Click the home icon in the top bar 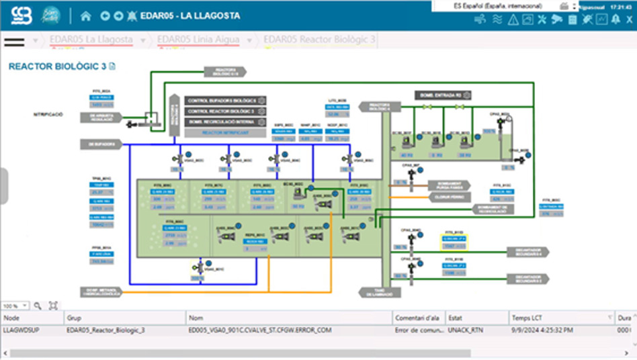click(85, 15)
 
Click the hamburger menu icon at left click(14, 41)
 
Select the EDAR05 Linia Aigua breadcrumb click(198, 40)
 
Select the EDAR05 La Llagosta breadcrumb click(91, 40)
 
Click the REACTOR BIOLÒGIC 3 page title click(57, 66)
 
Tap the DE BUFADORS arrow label click(101, 144)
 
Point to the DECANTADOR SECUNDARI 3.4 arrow click(527, 252)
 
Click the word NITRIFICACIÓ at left click(48, 115)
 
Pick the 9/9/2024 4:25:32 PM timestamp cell click(543, 330)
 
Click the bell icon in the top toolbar click(615, 19)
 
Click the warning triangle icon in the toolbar click(513, 19)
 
